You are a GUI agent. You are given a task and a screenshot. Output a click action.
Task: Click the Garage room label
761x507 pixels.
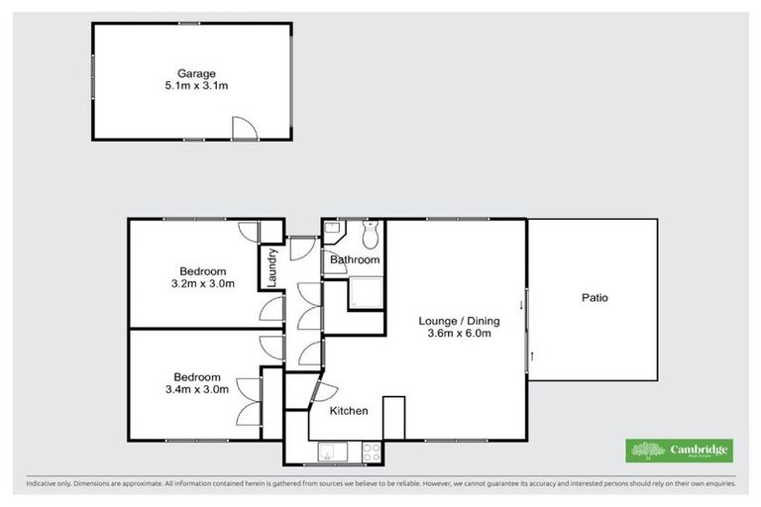click(196, 73)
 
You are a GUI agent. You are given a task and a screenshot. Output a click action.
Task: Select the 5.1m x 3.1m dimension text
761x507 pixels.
click(196, 87)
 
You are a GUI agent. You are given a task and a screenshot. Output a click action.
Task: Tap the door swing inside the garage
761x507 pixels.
click(244, 128)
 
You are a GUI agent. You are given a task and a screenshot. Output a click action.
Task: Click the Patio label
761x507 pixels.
click(595, 297)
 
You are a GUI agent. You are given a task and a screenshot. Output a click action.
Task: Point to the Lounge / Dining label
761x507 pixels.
click(459, 321)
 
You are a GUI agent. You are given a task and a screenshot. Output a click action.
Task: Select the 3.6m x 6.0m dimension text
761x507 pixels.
click(459, 334)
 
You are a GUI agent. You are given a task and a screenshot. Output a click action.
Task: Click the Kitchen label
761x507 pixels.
click(349, 411)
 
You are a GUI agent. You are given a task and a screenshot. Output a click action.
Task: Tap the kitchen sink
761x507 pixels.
click(330, 452)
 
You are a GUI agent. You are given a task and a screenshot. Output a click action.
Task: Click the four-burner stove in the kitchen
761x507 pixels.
click(372, 452)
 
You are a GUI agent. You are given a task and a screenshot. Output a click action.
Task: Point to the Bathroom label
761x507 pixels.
click(355, 260)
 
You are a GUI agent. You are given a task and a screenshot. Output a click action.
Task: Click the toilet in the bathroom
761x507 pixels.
click(370, 236)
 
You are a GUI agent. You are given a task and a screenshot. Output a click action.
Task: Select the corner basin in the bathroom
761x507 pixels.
click(333, 232)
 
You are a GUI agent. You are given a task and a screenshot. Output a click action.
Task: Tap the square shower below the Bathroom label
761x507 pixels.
click(364, 294)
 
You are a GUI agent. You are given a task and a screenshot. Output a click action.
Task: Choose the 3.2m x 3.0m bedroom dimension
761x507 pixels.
click(202, 284)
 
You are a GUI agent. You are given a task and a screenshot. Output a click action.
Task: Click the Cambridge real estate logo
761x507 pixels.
click(680, 451)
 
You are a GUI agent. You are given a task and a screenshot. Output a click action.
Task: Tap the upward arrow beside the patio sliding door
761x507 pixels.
click(532, 355)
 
